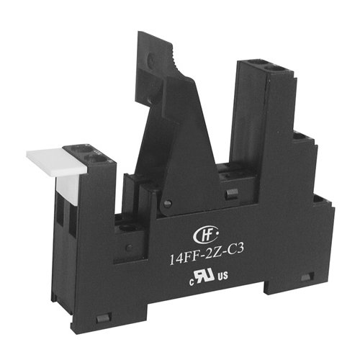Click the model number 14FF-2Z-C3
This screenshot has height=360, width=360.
pos(207,255)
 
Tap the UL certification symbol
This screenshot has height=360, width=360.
pos(204,276)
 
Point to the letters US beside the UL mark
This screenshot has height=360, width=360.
pos(222,276)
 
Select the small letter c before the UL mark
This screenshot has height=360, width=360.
pos(192,283)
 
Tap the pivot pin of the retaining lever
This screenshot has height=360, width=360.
pos(168,203)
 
